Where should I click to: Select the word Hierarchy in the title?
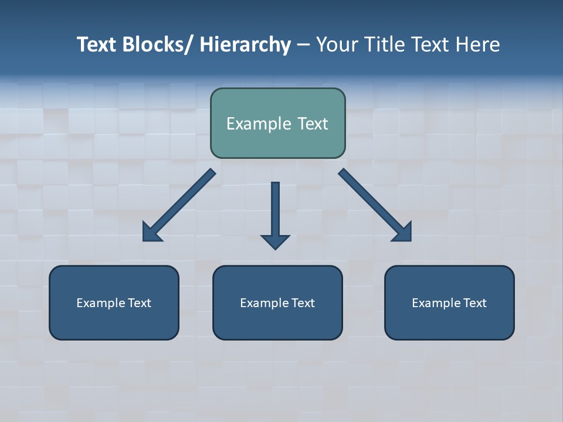(245, 45)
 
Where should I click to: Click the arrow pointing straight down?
(275, 208)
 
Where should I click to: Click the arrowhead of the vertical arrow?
(275, 241)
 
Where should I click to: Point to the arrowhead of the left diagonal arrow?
(151, 233)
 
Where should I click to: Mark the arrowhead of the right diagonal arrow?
(403, 233)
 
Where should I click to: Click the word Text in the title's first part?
(97, 45)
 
